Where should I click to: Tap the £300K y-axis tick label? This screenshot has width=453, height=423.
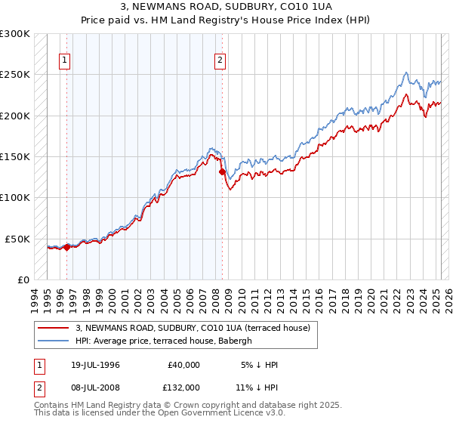coord(15,34)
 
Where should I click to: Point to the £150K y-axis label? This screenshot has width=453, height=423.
coord(15,157)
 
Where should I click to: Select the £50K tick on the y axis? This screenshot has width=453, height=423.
coord(17,239)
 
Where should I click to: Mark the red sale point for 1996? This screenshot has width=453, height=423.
coord(67,246)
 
